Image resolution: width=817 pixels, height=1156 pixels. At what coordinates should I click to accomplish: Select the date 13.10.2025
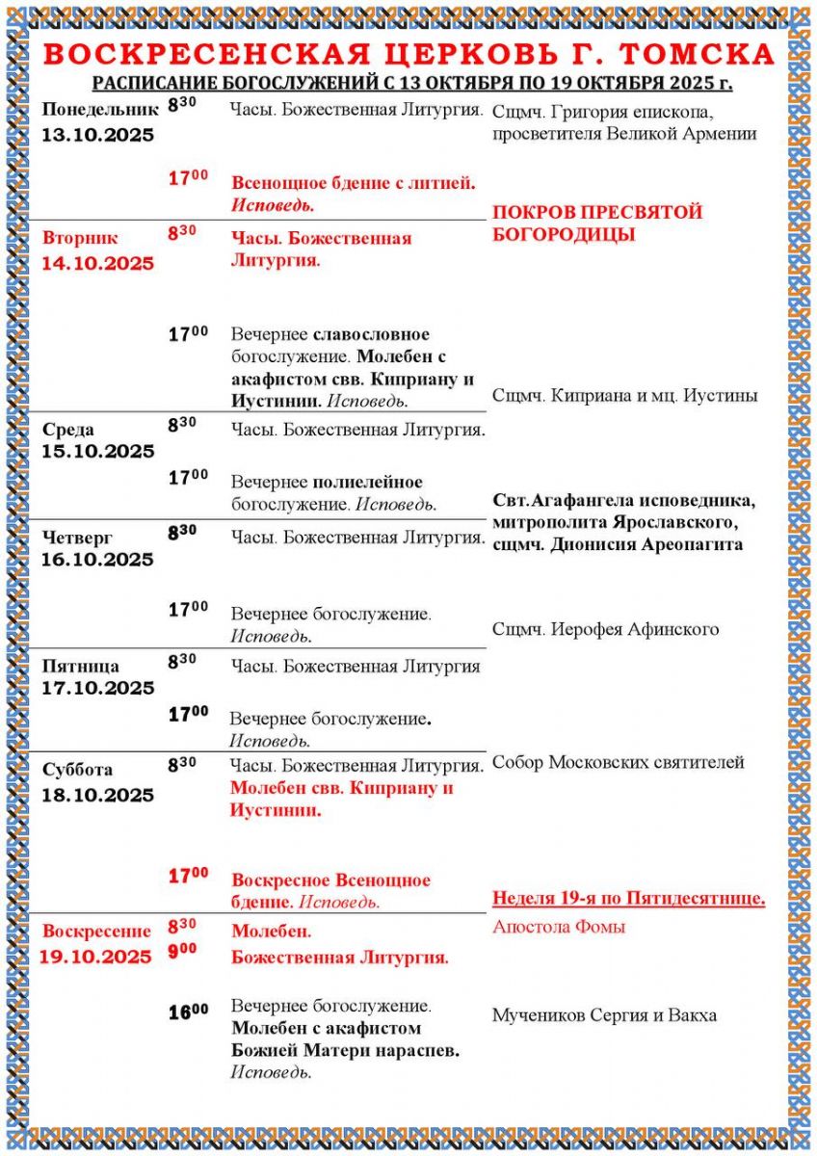coord(97,136)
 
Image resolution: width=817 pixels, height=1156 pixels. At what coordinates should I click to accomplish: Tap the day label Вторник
coord(80,237)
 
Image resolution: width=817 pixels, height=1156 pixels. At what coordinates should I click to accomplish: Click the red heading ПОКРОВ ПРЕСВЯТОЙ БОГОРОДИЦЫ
coord(597,223)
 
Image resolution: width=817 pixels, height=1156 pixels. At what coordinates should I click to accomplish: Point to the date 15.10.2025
coord(97,452)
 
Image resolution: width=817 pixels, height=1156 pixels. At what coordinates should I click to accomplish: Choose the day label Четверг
coord(77,535)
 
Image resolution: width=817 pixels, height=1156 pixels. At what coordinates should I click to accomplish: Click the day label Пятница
coord(81,666)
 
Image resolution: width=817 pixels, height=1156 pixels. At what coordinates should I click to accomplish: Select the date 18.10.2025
coord(97,795)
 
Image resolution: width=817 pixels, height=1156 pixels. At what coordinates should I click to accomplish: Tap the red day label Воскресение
coord(97,931)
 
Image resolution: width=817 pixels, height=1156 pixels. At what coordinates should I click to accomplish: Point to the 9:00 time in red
coord(182,950)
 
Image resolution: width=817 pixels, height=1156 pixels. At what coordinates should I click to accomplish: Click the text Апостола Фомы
coord(559,927)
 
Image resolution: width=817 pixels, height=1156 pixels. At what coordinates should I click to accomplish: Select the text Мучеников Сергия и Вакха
coord(604,1015)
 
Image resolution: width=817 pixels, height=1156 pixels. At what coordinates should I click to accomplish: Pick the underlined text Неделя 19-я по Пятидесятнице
coord(628,899)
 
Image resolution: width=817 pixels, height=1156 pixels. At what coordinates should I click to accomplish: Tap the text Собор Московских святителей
coord(618,762)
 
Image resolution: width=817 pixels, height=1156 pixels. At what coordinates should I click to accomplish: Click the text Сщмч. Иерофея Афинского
coord(605,629)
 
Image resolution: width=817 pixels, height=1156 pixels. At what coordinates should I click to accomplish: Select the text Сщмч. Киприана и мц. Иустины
coord(624,395)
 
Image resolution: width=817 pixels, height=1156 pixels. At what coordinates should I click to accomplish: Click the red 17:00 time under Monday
coord(188,177)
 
